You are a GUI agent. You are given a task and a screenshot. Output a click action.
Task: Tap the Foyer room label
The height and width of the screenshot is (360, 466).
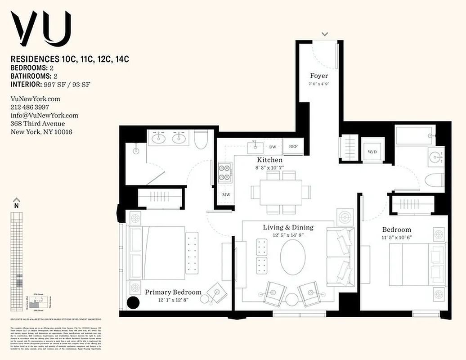pos(319,76)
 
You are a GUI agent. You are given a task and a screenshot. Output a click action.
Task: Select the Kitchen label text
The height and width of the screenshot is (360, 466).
pos(270,160)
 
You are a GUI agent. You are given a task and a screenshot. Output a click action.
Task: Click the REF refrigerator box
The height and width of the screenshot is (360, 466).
pos(293,146)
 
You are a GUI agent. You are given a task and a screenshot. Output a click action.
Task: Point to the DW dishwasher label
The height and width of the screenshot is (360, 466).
pos(273,147)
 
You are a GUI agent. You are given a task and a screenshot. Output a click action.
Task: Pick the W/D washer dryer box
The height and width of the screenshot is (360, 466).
pos(372,152)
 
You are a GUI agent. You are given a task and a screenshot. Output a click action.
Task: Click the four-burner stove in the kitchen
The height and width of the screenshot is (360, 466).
pos(225,172)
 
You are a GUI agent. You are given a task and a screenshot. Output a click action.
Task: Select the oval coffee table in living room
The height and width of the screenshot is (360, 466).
pos(293,257)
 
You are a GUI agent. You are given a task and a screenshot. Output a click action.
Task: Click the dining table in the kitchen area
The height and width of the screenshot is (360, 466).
pos(281,192)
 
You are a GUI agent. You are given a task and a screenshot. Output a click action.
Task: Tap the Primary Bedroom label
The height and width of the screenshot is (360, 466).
pos(173,292)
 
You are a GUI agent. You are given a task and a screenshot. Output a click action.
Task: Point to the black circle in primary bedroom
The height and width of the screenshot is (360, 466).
pos(133,302)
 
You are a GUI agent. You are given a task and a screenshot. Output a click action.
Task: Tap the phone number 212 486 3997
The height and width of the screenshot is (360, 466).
pos(30,107)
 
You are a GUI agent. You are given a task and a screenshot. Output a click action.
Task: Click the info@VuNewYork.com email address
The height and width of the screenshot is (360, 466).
pos(44,115)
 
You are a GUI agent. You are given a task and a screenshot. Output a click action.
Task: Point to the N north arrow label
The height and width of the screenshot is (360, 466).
pos(17,206)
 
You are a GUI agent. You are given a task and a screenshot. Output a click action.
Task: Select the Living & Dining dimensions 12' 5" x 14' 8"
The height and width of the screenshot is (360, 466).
pos(288,235)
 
